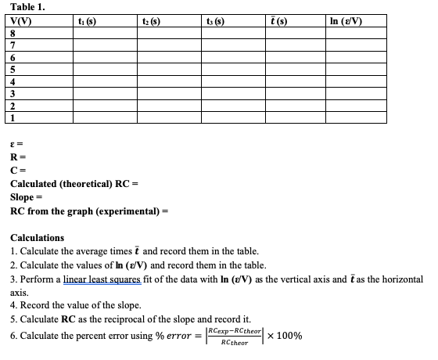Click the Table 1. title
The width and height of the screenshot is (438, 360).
27,6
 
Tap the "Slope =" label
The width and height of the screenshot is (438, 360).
28,197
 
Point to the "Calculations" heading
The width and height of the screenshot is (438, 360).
37,237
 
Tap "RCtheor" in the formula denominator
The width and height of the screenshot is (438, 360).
235,342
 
